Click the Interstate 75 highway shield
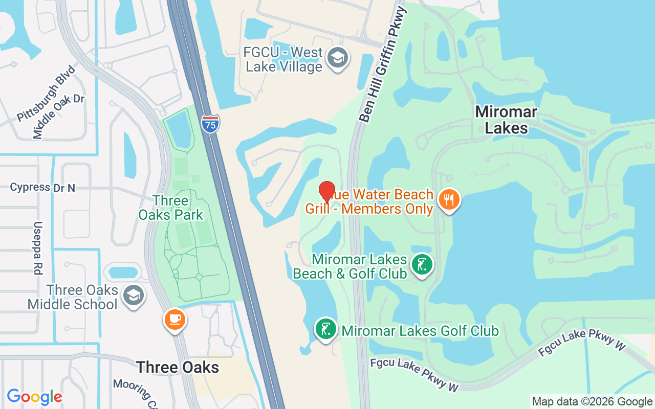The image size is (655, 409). [x=210, y=124]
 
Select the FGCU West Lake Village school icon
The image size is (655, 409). [x=338, y=58]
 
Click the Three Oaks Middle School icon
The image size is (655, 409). [x=134, y=295]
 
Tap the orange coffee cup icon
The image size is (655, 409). [x=175, y=319]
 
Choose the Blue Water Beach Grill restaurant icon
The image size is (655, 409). [x=449, y=199]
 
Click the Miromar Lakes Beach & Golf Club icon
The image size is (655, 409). [x=422, y=265]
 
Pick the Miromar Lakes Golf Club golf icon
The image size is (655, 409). [x=325, y=328]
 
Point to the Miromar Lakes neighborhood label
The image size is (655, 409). [x=506, y=120]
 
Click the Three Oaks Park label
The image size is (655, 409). [x=171, y=208]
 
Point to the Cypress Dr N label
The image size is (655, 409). [x=42, y=188]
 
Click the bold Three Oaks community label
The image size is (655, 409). [x=178, y=367]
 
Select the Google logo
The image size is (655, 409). [x=35, y=397]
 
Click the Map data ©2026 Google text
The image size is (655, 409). [x=592, y=402]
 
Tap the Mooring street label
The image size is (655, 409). [x=132, y=391]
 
